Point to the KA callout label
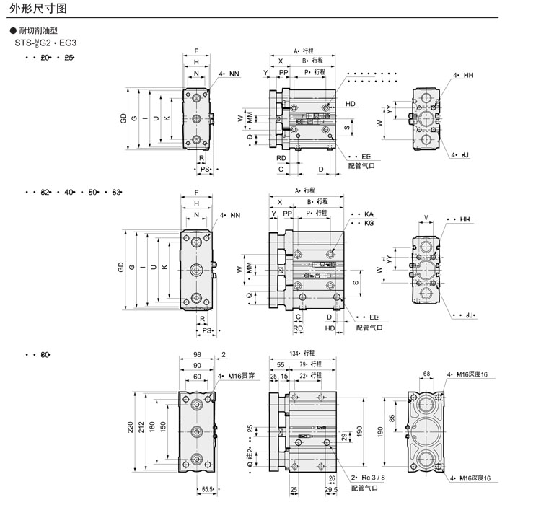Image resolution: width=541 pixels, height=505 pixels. tap(369, 215)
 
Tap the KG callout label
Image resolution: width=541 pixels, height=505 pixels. tap(369, 224)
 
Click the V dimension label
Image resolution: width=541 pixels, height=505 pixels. tap(426, 217)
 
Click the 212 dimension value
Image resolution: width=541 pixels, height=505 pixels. tap(142, 427)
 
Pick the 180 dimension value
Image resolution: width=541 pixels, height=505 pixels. tap(153, 427)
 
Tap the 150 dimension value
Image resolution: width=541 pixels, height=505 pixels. tap(164, 427)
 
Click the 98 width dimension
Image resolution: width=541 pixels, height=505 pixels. tap(197, 354)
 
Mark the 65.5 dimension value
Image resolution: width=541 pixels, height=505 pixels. tap(209, 491)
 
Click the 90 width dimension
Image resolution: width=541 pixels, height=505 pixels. tap(197, 365)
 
